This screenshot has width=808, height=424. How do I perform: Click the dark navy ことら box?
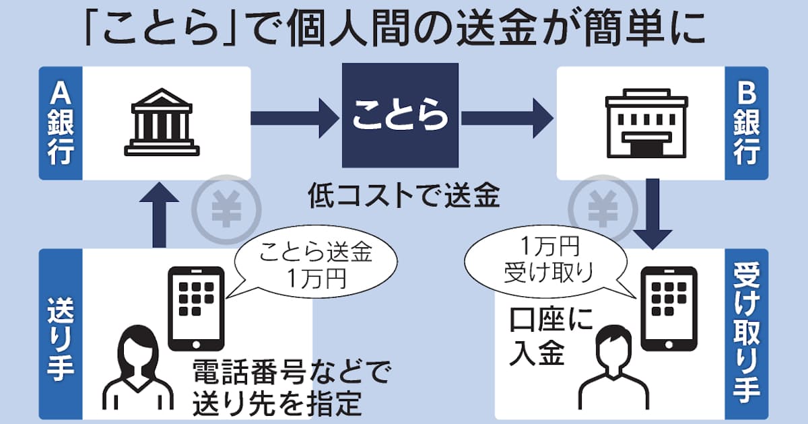pos(401,115)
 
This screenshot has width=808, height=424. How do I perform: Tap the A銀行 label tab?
pos(61,123)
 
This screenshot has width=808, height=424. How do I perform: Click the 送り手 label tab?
pos(61,334)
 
